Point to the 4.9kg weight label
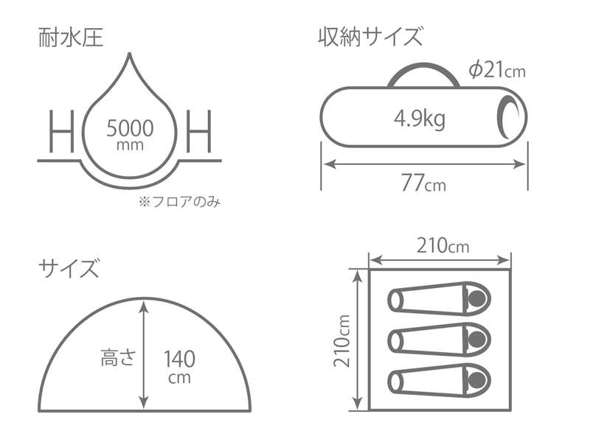point(419,119)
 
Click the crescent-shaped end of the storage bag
point(508,118)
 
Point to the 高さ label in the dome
point(117,359)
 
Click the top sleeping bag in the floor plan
point(439,300)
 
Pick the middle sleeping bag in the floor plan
point(439,340)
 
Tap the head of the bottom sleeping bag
point(478,379)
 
